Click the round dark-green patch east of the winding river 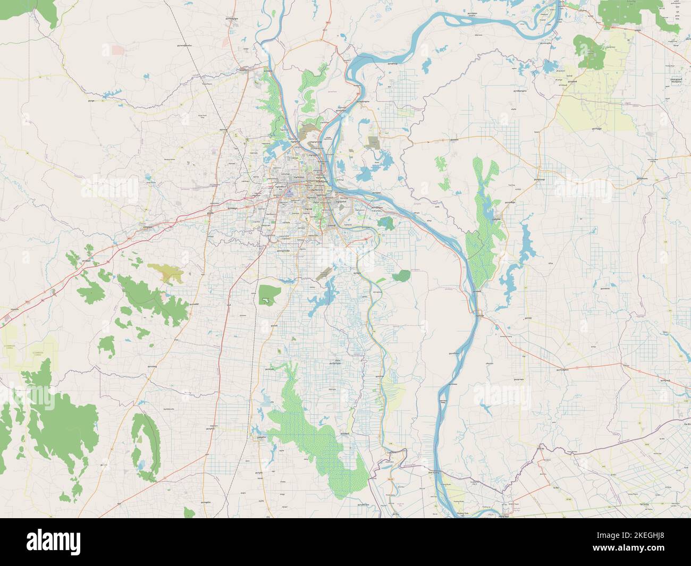pyautogui.click(x=402, y=276)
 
